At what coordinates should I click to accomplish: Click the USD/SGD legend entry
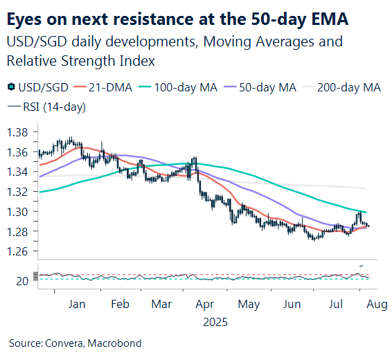39,87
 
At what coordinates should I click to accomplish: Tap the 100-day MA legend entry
180,87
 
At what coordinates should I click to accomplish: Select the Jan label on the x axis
78,304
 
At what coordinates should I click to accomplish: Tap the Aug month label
371,304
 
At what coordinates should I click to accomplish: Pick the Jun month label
291,304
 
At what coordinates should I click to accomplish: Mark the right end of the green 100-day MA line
366,212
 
